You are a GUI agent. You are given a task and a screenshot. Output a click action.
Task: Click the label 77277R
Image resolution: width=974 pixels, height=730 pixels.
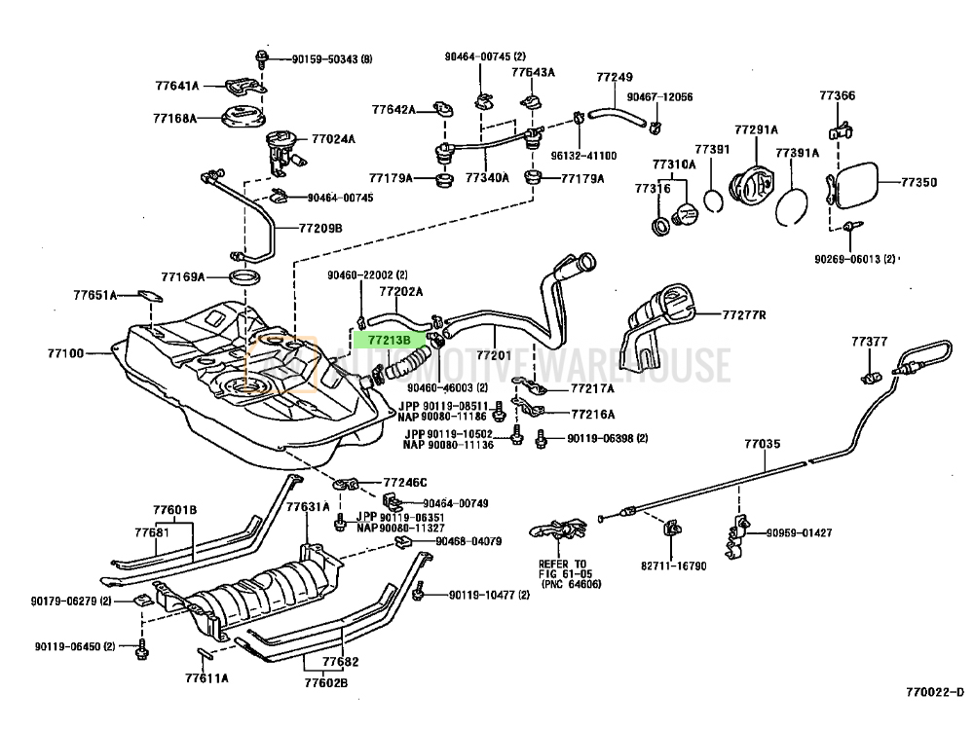[x=744, y=315]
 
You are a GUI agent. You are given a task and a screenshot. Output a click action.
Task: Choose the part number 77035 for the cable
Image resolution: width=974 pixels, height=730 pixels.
[x=763, y=445]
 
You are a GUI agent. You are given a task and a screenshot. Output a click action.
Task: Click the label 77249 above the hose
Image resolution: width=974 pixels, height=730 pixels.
[x=615, y=77]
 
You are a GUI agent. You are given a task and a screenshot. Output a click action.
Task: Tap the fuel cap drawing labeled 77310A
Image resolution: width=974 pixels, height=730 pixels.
[x=686, y=211]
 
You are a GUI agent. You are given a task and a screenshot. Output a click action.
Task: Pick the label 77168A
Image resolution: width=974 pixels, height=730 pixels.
[x=174, y=119]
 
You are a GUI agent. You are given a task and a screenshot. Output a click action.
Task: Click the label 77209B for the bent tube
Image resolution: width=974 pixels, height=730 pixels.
[x=320, y=229]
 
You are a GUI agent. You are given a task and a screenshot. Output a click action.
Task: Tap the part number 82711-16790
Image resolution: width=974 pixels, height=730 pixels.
[x=674, y=565]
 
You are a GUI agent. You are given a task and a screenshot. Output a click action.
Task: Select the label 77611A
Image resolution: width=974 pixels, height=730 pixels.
[x=207, y=677]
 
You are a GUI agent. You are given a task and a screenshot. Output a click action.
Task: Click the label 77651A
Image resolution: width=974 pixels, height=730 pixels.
[x=94, y=294]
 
